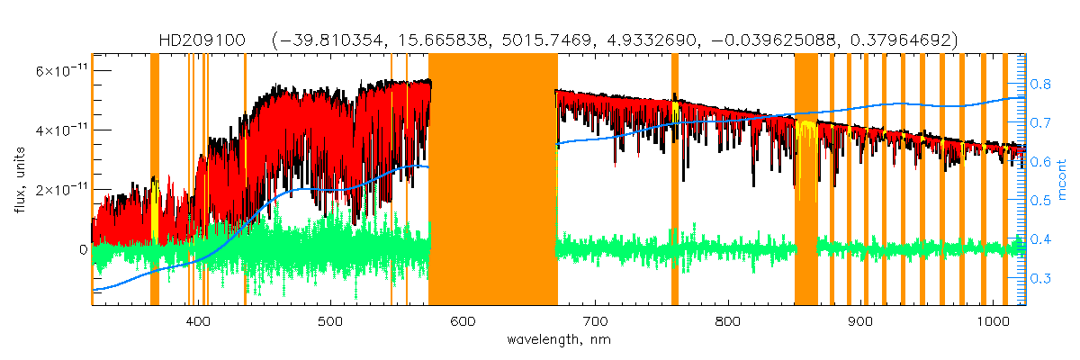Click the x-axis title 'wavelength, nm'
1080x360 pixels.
pyautogui.click(x=558, y=341)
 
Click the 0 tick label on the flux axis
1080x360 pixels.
pyautogui.click(x=84, y=249)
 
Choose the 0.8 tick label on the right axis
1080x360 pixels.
pyautogui.click(x=1040, y=84)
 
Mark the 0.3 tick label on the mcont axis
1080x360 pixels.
pyautogui.click(x=1040, y=278)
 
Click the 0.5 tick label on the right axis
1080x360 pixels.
pyautogui.click(x=1040, y=201)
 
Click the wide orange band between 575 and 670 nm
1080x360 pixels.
pyautogui.click(x=492, y=180)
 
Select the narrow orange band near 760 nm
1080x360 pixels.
pyautogui.click(x=675, y=180)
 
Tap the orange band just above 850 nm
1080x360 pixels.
pyautogui.click(x=805, y=180)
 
